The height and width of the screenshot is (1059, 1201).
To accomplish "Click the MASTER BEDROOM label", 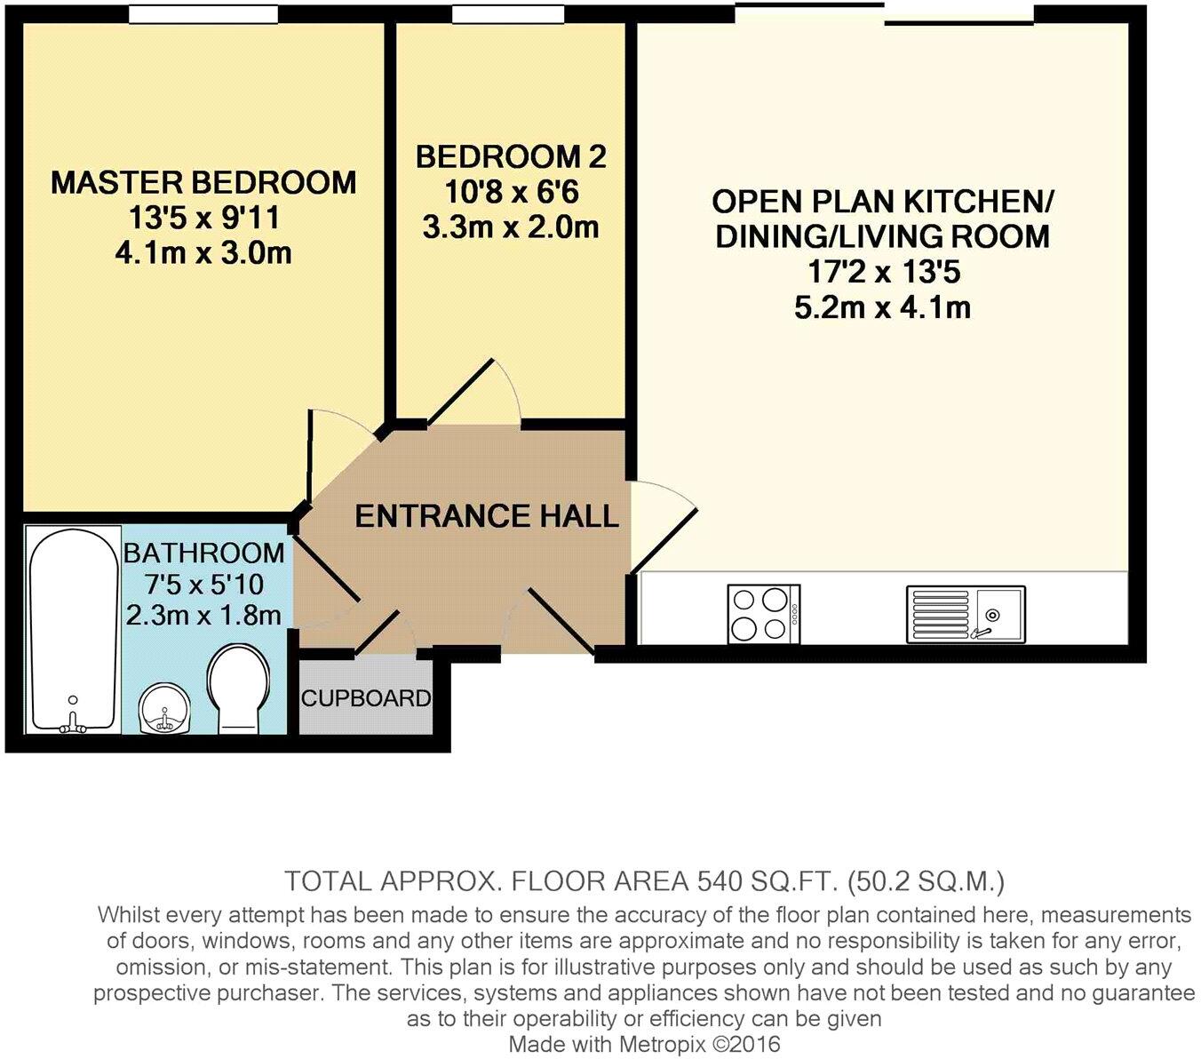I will click(203, 183).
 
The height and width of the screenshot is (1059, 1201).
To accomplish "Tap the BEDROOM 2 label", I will click(511, 157).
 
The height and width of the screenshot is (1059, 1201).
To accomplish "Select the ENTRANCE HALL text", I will click(486, 516).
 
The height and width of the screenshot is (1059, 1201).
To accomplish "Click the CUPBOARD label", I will click(366, 698).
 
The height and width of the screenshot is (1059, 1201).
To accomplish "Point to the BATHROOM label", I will click(203, 553).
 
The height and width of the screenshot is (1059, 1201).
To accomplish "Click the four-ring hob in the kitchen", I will click(763, 613).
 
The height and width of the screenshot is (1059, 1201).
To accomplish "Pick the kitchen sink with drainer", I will click(966, 614).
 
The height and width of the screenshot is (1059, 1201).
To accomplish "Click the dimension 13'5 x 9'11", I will click(203, 219).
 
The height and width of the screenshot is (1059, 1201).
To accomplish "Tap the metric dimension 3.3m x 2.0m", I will click(511, 228).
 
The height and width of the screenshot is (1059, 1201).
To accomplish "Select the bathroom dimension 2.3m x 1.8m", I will click(203, 615).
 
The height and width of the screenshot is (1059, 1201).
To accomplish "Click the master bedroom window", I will click(203, 15).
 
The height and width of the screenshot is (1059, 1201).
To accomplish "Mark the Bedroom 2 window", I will click(507, 15).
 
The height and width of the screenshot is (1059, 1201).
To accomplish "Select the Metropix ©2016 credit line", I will click(644, 1044).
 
